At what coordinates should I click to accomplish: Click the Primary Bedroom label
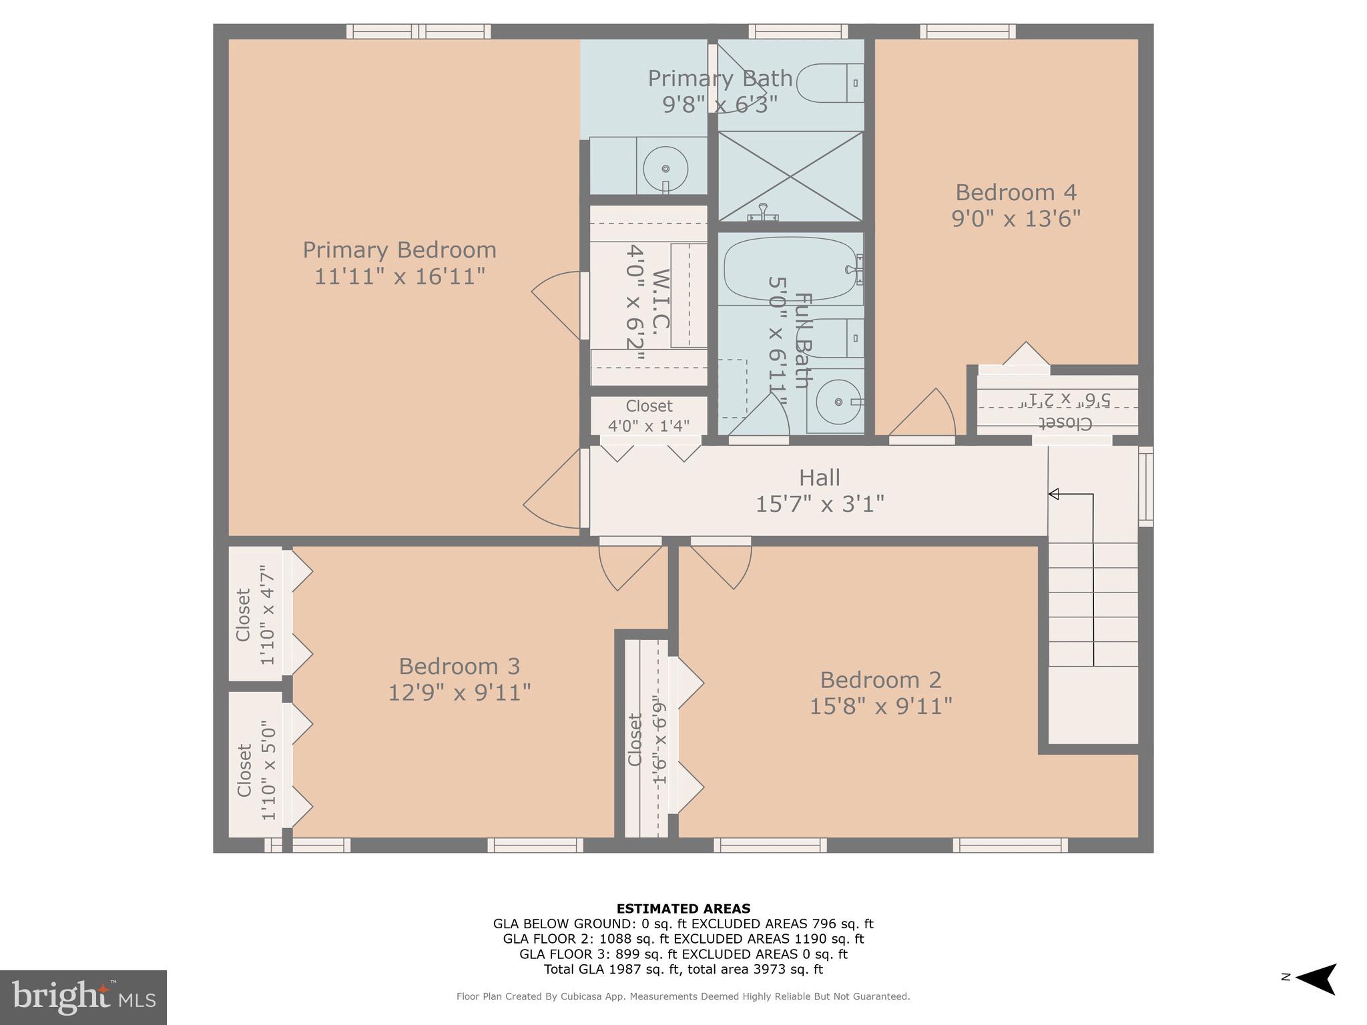point(399,250)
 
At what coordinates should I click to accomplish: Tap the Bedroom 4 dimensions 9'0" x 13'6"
point(1015,219)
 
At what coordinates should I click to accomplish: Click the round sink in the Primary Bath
point(665,169)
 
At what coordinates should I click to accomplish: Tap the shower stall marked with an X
point(790,176)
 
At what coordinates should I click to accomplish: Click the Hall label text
point(819,478)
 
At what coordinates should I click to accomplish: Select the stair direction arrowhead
point(1054,494)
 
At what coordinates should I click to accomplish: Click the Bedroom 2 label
point(880,680)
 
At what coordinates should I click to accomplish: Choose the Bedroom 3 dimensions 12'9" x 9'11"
point(459,693)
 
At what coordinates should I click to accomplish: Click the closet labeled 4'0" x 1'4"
point(648,416)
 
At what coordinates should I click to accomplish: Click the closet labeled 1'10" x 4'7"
point(255,615)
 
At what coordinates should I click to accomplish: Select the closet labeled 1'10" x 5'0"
point(255,765)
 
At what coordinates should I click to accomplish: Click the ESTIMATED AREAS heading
point(683,908)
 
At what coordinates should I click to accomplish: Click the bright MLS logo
point(83,997)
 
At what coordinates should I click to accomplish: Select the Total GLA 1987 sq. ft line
point(683,970)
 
